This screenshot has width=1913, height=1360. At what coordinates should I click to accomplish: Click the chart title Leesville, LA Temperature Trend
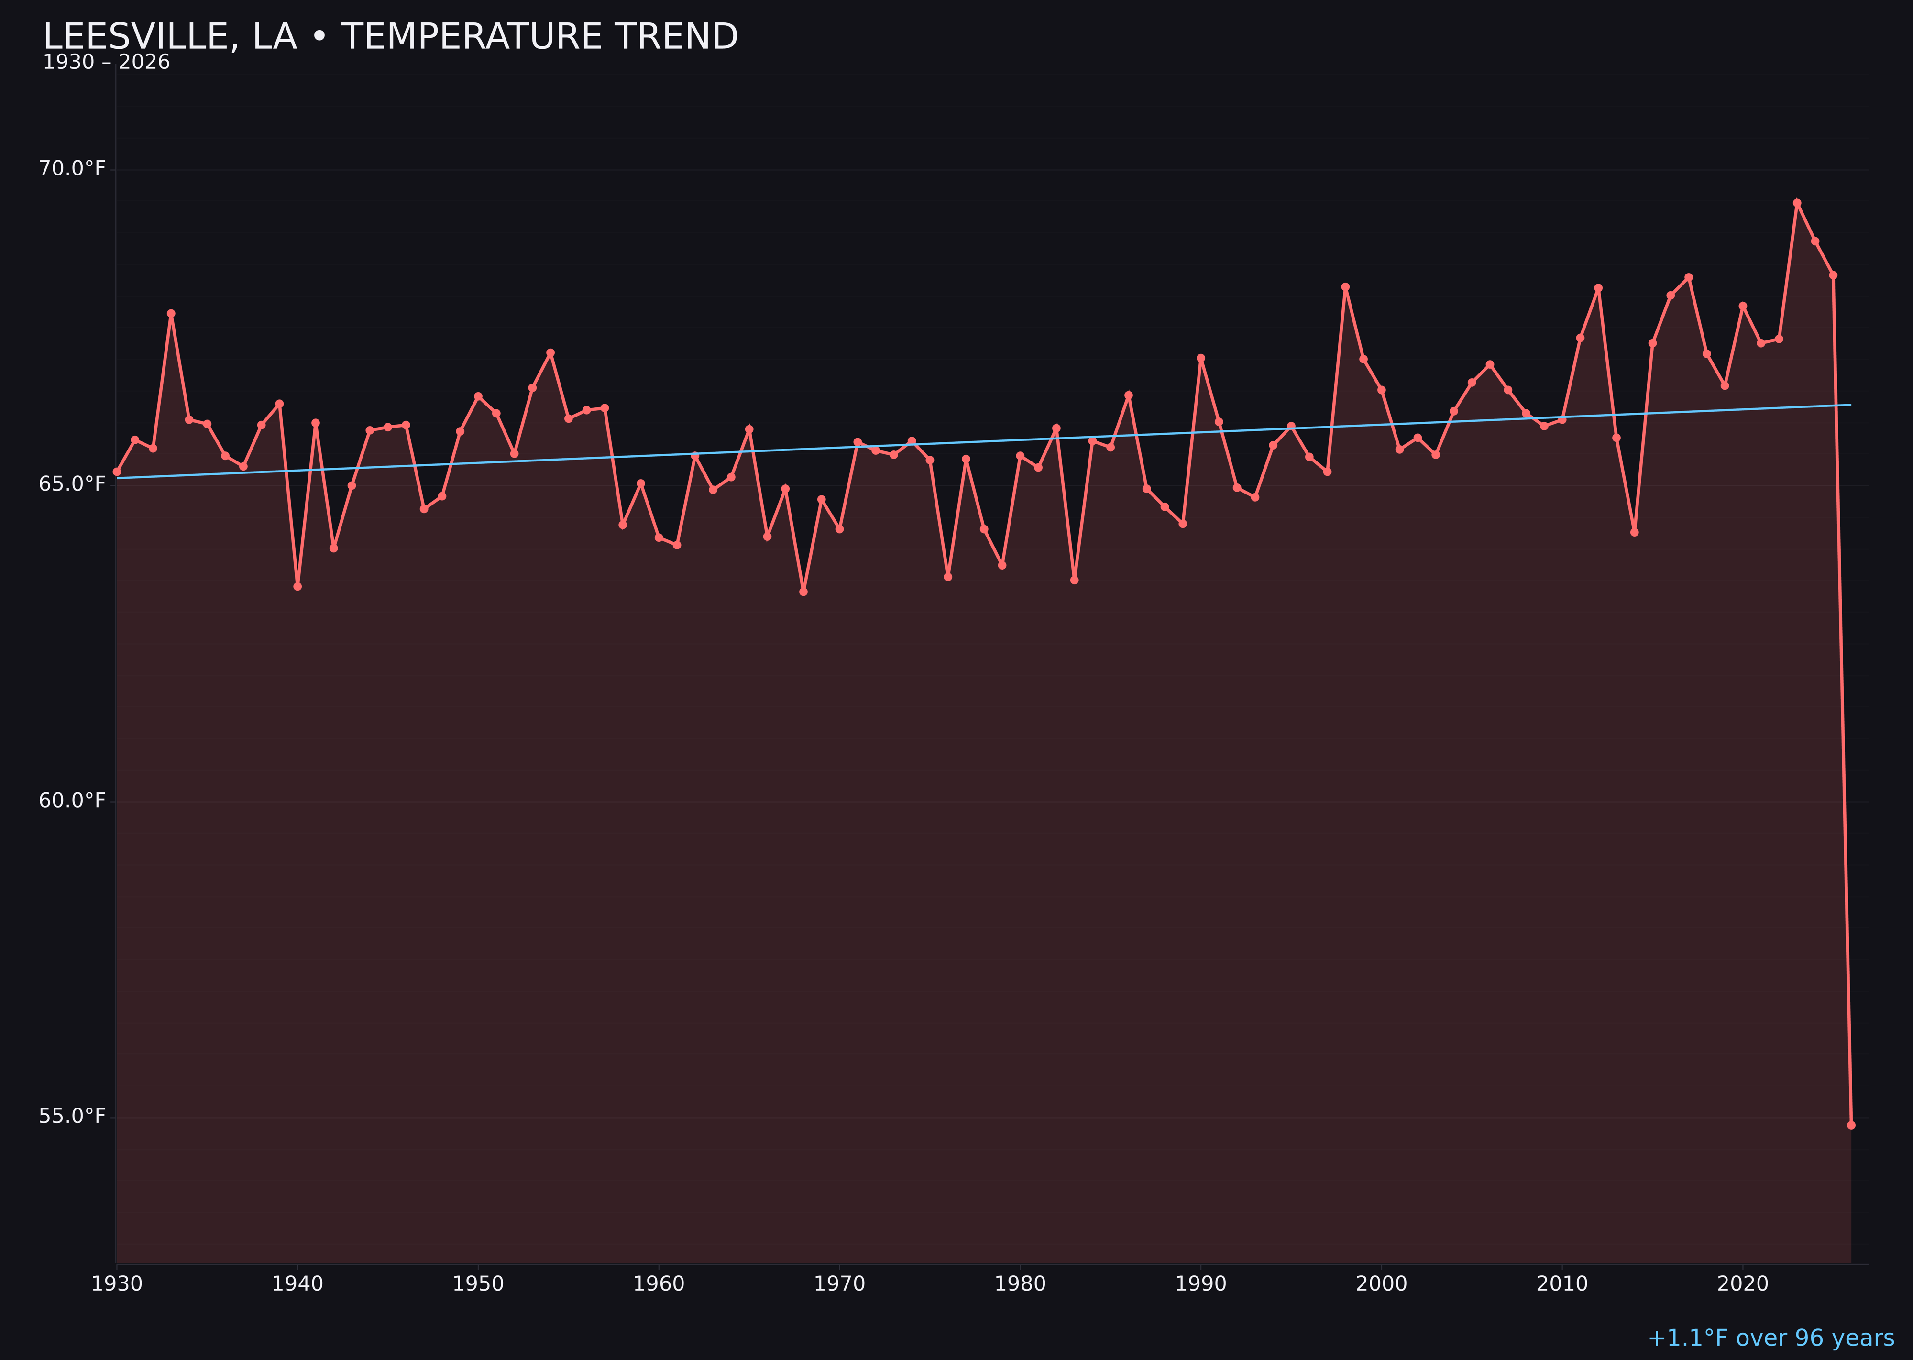pyautogui.click(x=390, y=37)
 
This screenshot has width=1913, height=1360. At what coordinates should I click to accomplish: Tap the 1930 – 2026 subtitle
pyautogui.click(x=106, y=63)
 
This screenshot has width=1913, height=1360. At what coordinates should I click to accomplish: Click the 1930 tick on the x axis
pyautogui.click(x=116, y=1284)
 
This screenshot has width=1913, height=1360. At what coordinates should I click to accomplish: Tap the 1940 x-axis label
pyautogui.click(x=297, y=1284)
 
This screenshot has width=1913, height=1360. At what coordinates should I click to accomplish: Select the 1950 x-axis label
pyautogui.click(x=478, y=1284)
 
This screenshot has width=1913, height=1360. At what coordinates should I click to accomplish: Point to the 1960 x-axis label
pyautogui.click(x=659, y=1284)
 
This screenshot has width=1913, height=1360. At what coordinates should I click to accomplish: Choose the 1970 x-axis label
pyautogui.click(x=839, y=1284)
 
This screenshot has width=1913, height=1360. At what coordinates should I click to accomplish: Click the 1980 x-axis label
pyautogui.click(x=1020, y=1284)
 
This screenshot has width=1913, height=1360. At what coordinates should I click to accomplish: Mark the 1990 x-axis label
pyautogui.click(x=1200, y=1284)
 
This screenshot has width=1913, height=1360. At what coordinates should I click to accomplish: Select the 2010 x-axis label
pyautogui.click(x=1562, y=1284)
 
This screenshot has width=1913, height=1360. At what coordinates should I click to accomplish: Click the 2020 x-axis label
pyautogui.click(x=1743, y=1284)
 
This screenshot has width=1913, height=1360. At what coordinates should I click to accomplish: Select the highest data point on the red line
pyautogui.click(x=1797, y=203)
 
